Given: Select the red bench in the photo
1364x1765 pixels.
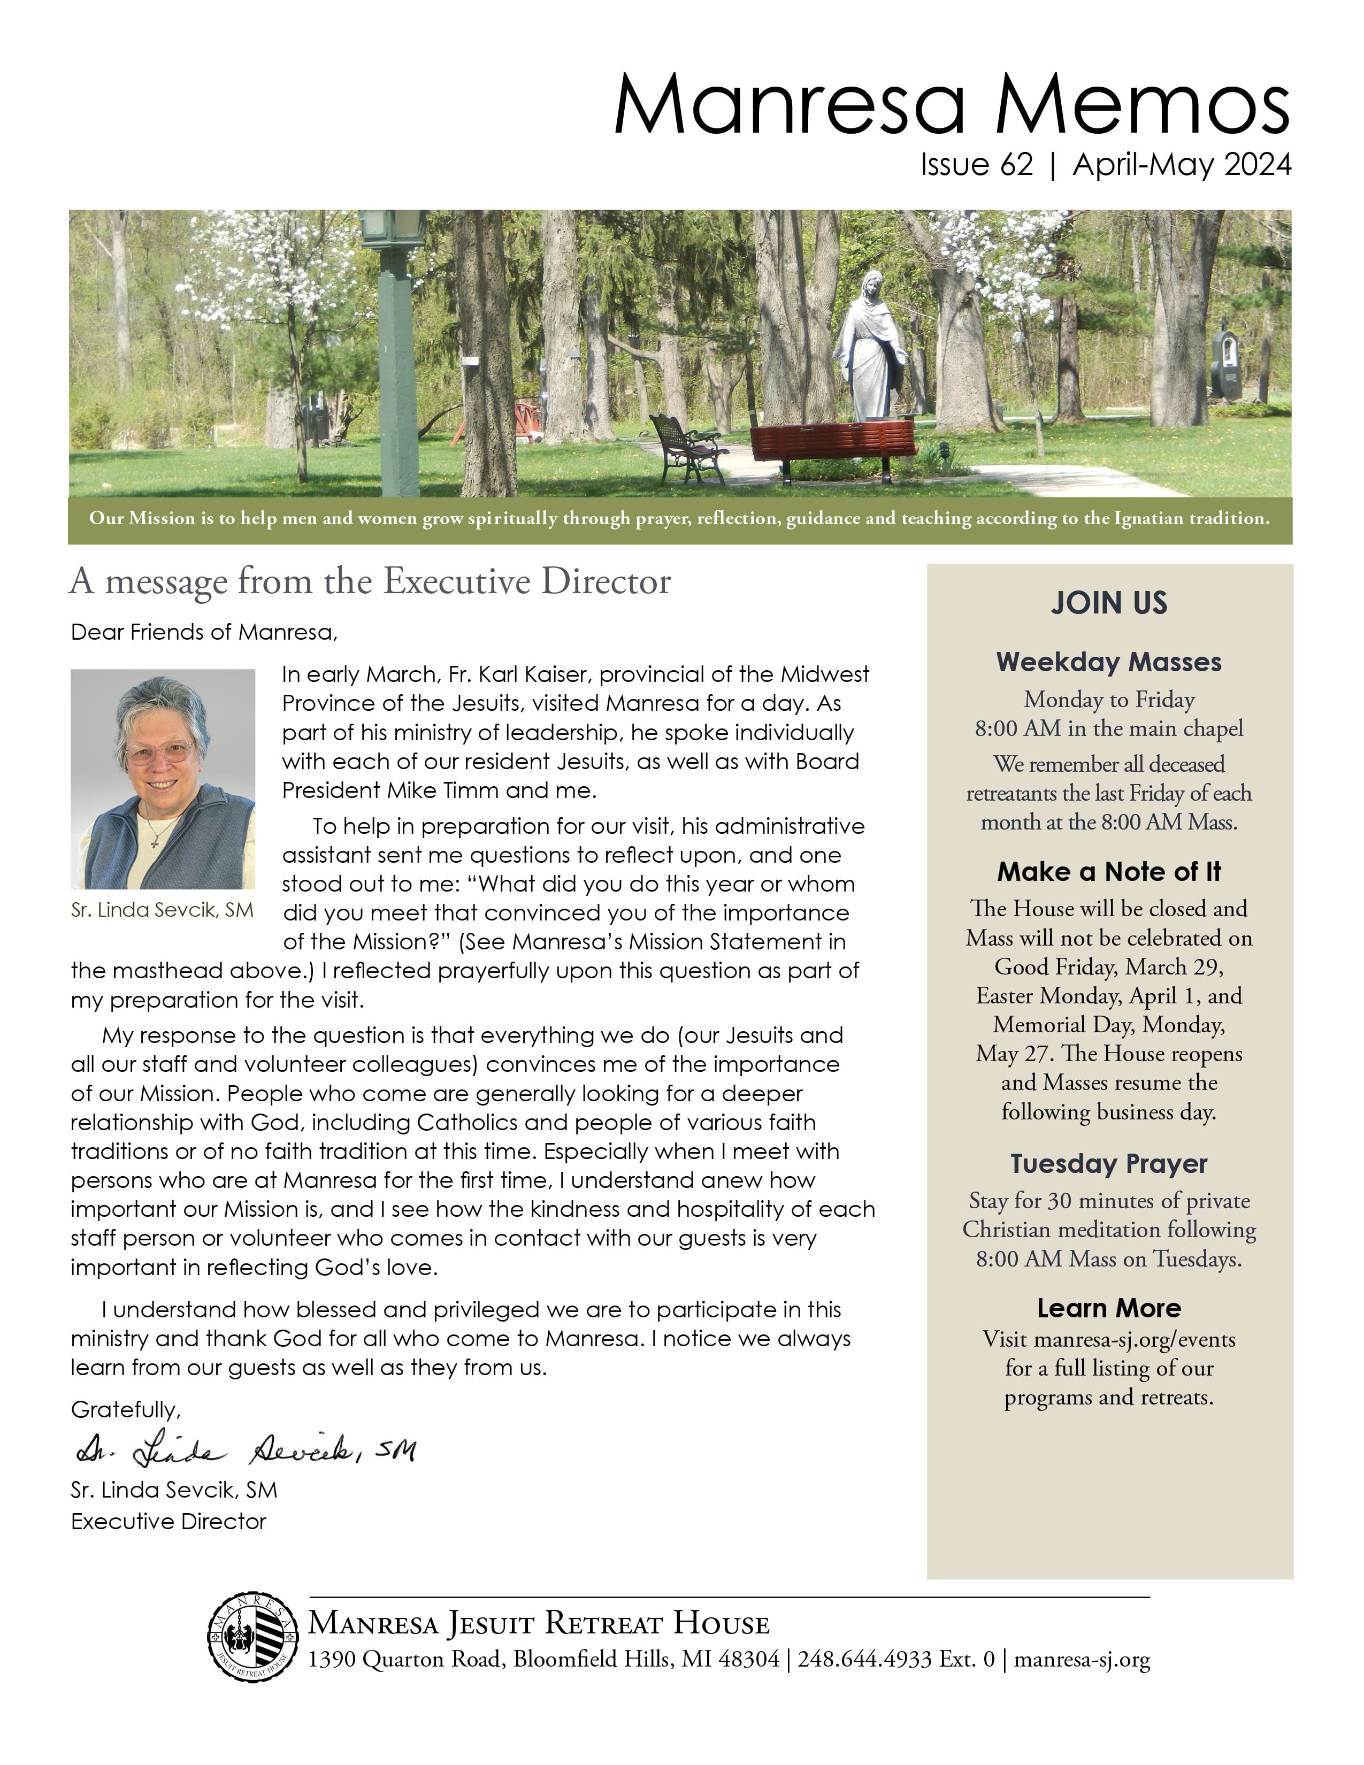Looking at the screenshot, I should point(832,442).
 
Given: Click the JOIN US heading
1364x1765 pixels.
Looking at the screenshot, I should point(1109,603).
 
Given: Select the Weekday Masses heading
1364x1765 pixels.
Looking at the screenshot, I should point(1109,662).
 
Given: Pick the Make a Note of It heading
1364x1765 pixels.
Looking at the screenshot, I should point(1109,871).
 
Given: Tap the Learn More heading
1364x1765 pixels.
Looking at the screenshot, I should point(1109,1308).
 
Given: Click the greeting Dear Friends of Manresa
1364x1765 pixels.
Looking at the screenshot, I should point(204,632).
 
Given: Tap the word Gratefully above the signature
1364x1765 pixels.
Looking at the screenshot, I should point(125,1410).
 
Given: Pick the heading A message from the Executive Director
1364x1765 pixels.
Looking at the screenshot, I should point(370,582).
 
